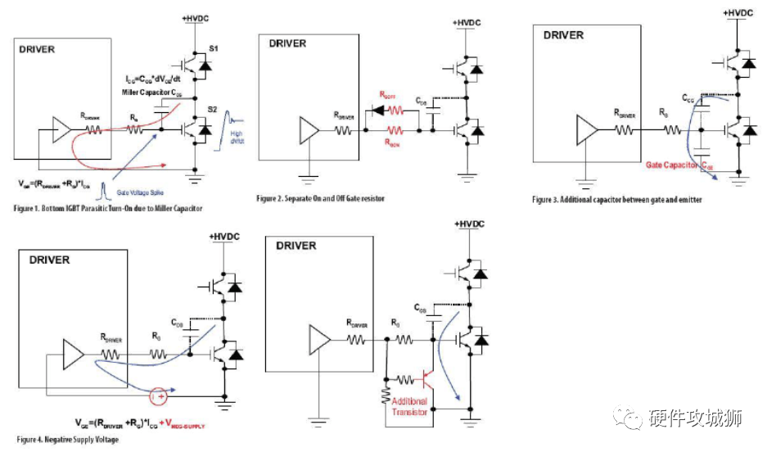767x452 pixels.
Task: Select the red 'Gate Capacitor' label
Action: (673, 165)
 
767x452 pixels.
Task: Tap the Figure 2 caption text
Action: (320, 198)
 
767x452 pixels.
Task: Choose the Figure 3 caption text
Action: (605, 199)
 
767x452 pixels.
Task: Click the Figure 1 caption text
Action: (109, 209)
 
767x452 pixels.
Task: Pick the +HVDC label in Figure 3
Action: (737, 12)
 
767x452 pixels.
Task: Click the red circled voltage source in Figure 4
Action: (159, 397)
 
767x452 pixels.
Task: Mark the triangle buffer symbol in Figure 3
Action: (588, 129)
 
